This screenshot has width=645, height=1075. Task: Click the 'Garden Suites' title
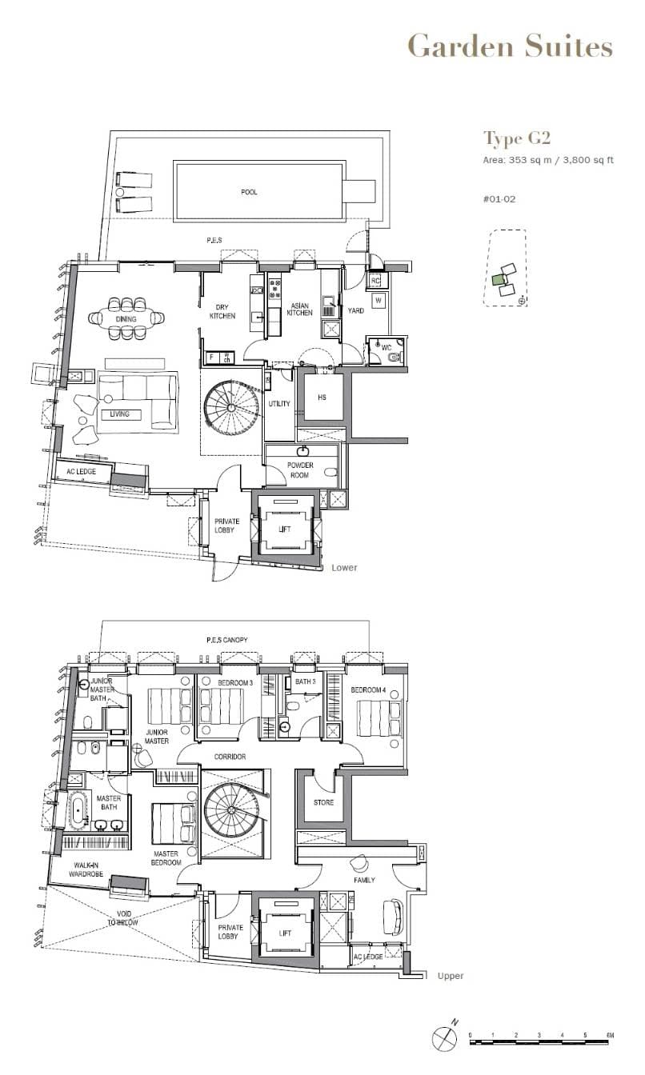[510, 46]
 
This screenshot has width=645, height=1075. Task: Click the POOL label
[250, 192]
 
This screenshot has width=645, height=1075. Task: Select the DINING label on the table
[126, 319]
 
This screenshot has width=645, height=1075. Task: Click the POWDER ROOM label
[301, 470]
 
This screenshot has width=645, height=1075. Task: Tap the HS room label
[322, 398]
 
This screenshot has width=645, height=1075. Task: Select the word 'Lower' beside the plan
[344, 568]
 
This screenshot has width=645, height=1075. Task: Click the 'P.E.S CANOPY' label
[227, 640]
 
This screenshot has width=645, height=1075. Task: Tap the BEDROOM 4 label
[367, 689]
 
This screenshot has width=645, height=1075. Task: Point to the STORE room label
[322, 802]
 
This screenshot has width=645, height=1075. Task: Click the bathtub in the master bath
[80, 811]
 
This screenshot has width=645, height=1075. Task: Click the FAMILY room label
[366, 880]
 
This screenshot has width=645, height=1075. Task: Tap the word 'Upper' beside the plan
[451, 976]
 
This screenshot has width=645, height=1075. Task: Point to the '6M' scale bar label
[609, 1036]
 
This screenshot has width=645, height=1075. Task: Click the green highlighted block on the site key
[499, 279]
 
